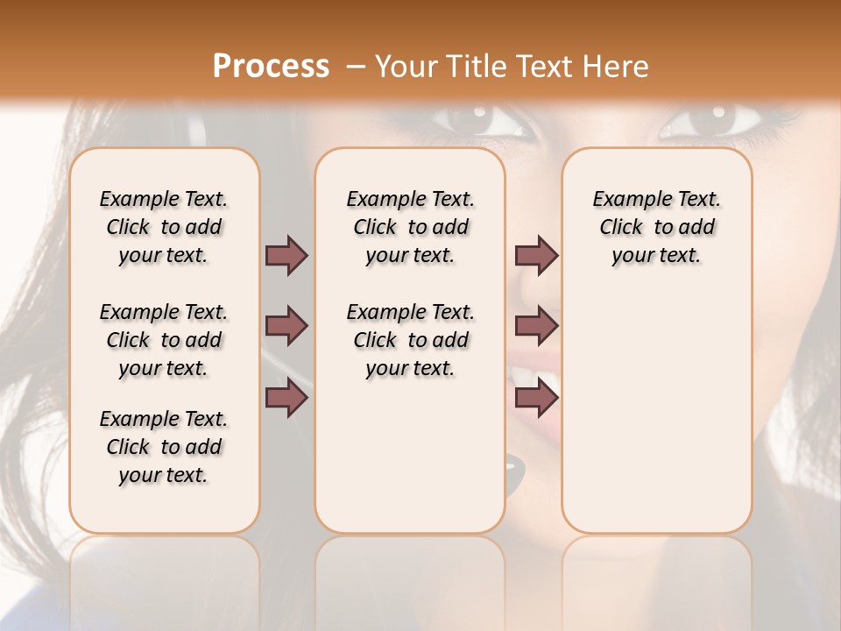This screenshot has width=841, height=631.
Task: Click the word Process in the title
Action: click(271, 67)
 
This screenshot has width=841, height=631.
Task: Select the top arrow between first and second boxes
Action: click(286, 255)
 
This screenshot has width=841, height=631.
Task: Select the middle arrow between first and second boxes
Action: click(286, 326)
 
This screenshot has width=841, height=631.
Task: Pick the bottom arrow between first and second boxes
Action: click(286, 398)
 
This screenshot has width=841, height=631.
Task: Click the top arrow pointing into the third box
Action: click(536, 255)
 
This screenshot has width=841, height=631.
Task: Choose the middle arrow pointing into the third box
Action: click(536, 326)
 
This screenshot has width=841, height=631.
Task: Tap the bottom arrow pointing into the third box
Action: click(536, 398)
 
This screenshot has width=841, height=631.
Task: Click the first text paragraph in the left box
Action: click(164, 227)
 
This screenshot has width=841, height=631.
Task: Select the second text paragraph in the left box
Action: click(164, 340)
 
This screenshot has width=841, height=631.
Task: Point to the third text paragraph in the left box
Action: click(164, 447)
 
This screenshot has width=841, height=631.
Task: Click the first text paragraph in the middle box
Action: click(410, 227)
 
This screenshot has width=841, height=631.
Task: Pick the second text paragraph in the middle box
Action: click(410, 340)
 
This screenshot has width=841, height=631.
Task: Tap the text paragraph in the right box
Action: click(656, 227)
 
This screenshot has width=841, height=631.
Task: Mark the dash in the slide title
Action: click(354, 67)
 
